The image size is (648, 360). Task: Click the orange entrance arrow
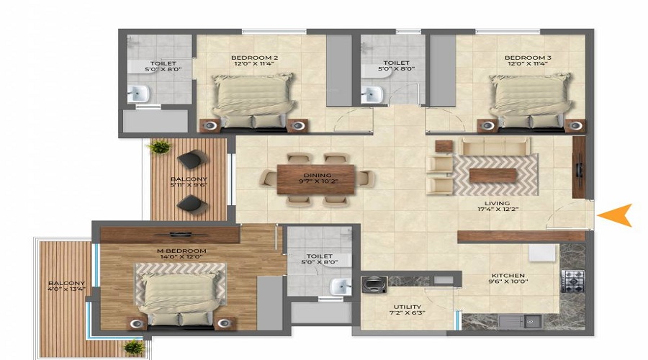616,215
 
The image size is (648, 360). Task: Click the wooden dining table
316,179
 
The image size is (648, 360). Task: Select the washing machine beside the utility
374,284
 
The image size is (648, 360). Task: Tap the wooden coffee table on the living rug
493,175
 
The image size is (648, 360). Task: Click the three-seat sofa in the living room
495,146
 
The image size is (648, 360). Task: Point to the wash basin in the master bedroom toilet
341,287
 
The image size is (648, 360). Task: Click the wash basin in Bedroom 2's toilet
138,94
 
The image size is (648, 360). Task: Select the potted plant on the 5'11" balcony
160,147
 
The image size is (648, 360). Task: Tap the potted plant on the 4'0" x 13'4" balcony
135,347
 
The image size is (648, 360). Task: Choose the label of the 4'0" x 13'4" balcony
66,286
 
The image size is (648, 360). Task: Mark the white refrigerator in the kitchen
543,253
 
